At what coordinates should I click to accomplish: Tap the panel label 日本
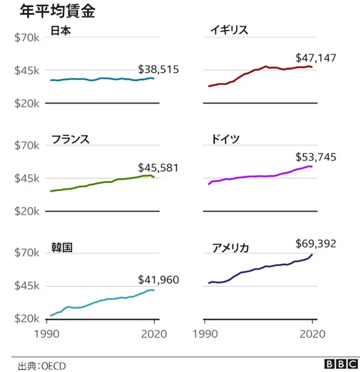(61, 30)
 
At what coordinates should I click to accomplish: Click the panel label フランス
(70, 139)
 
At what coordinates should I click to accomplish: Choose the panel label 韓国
(61, 247)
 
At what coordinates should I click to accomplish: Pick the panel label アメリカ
(231, 247)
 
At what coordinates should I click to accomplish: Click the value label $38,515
(158, 70)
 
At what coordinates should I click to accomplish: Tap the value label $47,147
(316, 58)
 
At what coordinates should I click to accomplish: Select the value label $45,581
(158, 167)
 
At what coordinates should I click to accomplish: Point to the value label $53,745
(316, 157)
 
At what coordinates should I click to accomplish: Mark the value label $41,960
(158, 280)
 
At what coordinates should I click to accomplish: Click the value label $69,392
(316, 243)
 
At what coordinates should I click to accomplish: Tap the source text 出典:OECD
(42, 366)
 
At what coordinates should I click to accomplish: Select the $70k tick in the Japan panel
(26, 38)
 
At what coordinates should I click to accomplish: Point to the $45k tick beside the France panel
(26, 179)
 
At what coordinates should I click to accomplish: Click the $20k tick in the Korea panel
(26, 319)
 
